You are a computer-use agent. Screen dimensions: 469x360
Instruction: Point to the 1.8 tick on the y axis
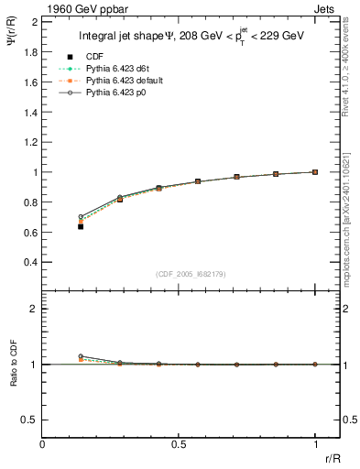28,52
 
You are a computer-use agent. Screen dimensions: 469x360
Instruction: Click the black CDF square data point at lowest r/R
81,226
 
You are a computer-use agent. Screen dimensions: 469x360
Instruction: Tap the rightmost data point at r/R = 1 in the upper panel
315,171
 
